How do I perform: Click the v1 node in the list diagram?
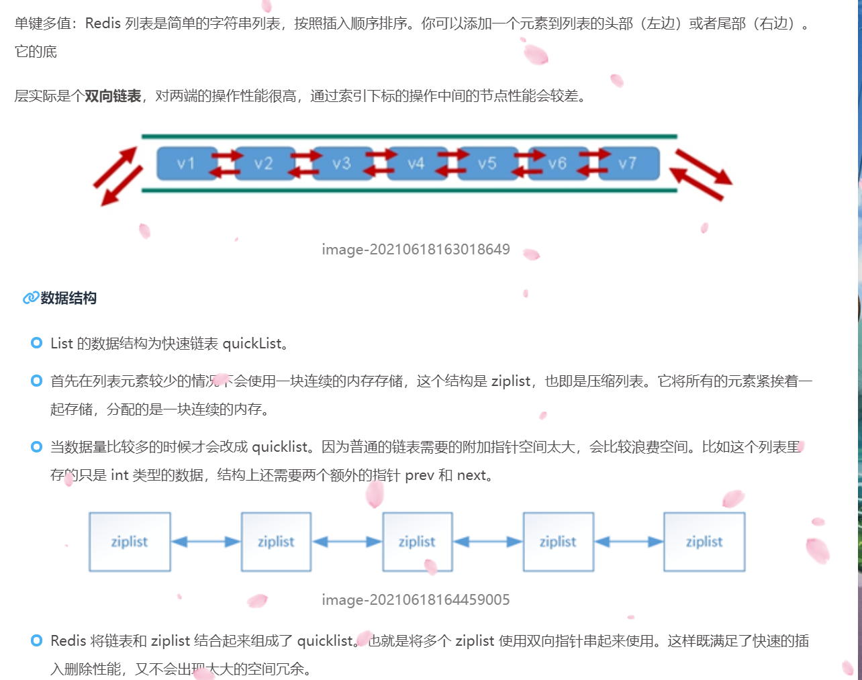[187, 164]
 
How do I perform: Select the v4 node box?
[417, 164]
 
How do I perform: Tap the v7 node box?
[628, 164]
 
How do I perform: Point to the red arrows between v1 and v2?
[226, 164]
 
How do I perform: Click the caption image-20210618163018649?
[416, 250]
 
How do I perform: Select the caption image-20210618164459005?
[416, 600]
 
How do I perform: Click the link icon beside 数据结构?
[30, 298]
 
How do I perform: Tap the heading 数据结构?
[68, 298]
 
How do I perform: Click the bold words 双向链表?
[113, 96]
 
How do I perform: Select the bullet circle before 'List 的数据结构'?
[37, 344]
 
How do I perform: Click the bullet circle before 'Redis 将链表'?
[37, 641]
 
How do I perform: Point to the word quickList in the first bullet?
[252, 344]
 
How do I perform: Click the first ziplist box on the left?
[130, 542]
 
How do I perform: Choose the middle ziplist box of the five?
[417, 542]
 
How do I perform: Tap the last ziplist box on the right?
[704, 542]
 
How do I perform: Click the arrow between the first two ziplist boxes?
[205, 542]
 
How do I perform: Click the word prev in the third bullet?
[420, 475]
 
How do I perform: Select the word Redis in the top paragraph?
[103, 23]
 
